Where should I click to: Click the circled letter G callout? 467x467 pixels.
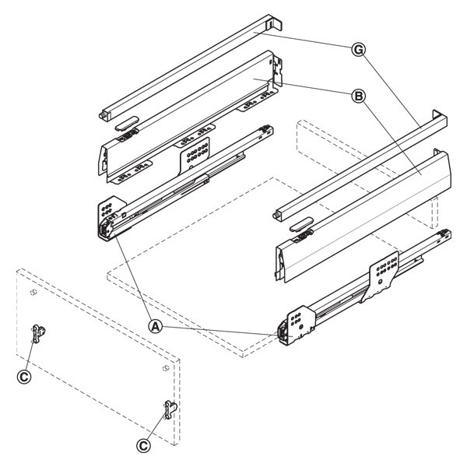[359, 50]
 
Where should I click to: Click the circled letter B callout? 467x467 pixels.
[359, 97]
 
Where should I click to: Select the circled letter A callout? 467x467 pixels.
[156, 327]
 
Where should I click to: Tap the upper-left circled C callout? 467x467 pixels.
[24, 377]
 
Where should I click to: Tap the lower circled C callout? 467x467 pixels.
[143, 446]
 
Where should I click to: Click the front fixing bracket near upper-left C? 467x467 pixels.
[38, 334]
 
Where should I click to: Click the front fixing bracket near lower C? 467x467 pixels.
[170, 409]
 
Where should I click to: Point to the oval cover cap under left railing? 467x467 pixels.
[126, 123]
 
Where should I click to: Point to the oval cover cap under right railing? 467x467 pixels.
[301, 225]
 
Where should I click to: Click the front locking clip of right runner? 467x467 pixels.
[282, 333]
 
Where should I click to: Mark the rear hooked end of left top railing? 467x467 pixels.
[274, 23]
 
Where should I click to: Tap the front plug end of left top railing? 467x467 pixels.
[103, 115]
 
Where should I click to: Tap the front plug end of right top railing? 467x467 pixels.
[276, 216]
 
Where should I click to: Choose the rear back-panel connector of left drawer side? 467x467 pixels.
[277, 72]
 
